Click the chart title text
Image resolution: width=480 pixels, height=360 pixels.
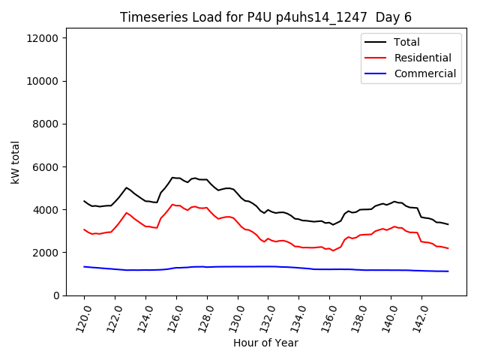coord(265,17)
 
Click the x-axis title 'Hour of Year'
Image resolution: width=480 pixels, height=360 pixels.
coord(265,343)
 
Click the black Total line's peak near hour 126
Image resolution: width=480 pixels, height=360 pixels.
coord(172,178)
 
